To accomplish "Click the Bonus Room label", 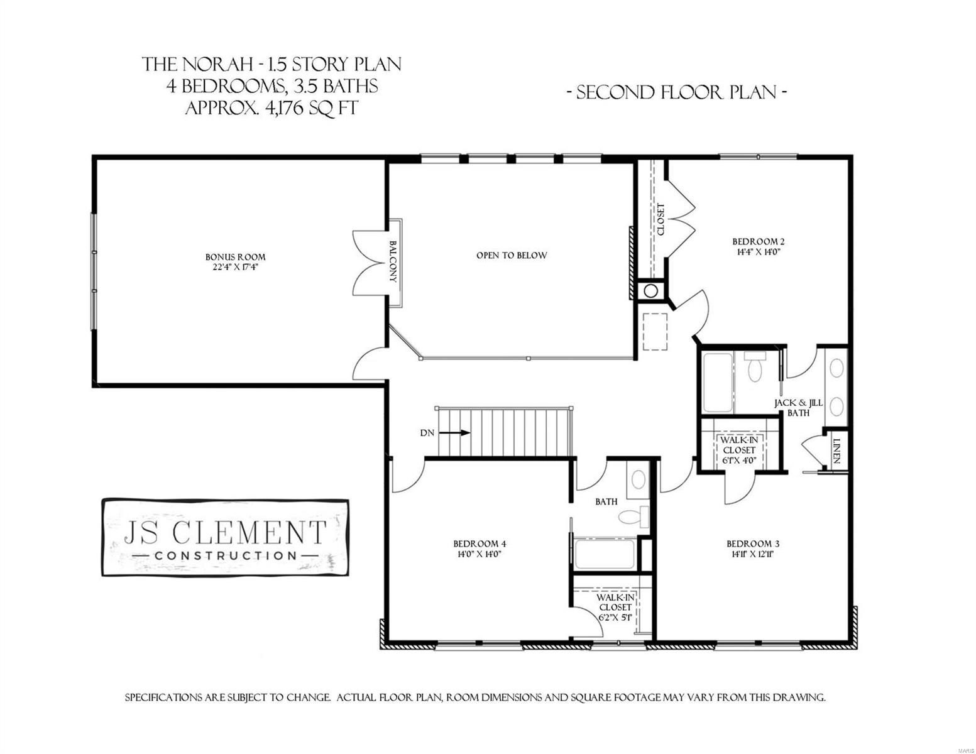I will click(x=235, y=257).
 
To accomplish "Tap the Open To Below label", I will click(x=511, y=256).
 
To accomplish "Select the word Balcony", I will click(x=393, y=262).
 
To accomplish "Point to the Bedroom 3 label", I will click(x=752, y=544).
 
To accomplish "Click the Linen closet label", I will click(x=836, y=451).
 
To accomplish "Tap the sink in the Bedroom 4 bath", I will click(x=638, y=481).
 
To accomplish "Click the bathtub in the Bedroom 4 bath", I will click(x=605, y=554).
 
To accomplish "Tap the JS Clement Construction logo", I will click(x=225, y=538).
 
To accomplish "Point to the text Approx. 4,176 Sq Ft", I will click(x=271, y=108).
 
